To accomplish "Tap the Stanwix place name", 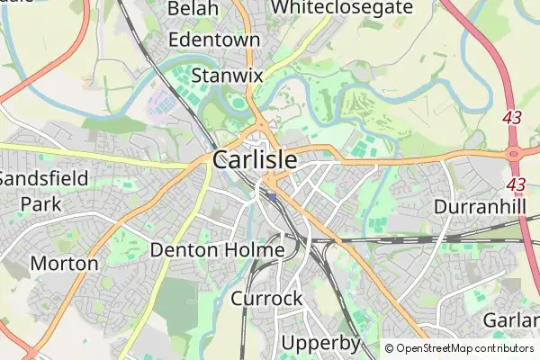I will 227,75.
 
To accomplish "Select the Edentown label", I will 214,40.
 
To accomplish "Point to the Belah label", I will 193,8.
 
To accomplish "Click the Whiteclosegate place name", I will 342,7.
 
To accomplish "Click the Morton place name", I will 64,264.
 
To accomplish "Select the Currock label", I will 266,299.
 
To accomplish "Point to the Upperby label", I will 320,343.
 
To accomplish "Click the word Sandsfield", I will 43,178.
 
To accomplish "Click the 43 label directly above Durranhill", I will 516,184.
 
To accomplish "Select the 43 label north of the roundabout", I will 513,117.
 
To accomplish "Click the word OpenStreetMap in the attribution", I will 441,348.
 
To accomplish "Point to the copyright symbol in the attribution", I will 390,348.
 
